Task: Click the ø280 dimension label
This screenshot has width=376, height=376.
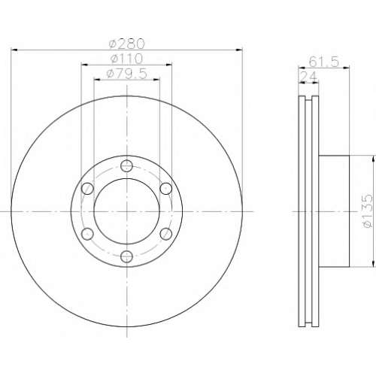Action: coord(127,44)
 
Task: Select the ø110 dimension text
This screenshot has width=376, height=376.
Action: coord(126,59)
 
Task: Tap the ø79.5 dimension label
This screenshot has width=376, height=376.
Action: coord(126,74)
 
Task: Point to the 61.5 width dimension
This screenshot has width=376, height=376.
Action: coord(323,62)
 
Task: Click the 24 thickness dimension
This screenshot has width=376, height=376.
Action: coord(308,76)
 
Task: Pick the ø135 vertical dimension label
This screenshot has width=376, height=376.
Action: coord(368,211)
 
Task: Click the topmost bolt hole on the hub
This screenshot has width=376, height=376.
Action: coord(126,165)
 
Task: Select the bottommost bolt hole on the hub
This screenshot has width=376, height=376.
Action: coord(126,256)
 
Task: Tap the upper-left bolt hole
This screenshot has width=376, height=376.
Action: coord(88,188)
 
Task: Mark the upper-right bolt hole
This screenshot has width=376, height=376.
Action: coord(166,188)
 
